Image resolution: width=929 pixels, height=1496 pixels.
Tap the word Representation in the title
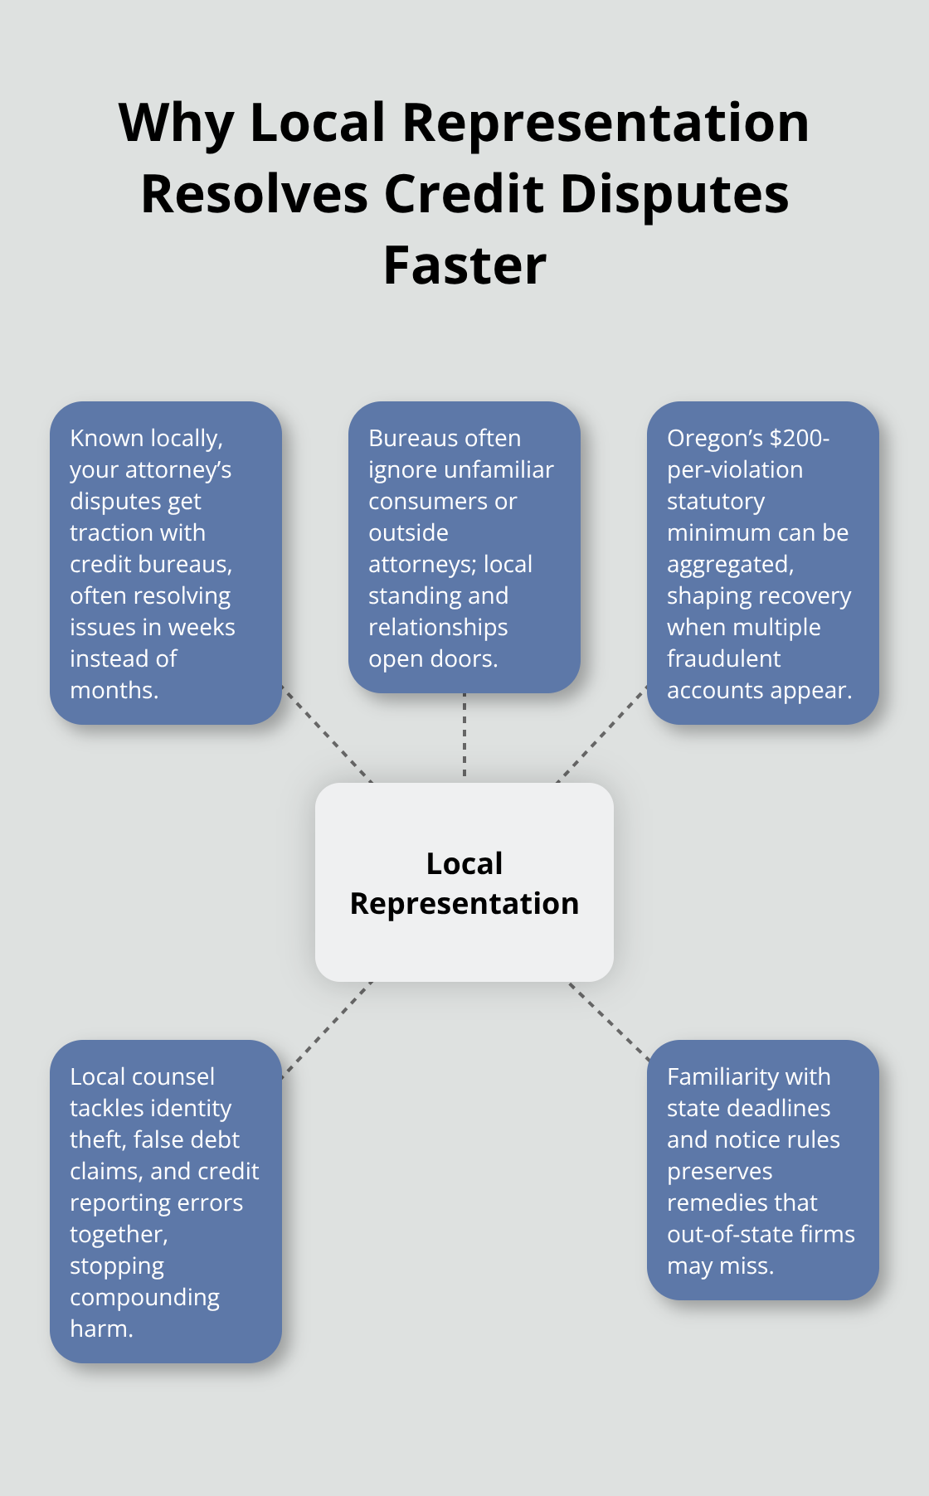[605, 123]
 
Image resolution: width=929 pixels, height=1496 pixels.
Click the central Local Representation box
[464, 882]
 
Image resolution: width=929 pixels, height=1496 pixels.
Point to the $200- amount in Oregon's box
[800, 438]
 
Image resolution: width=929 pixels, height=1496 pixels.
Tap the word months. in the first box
[114, 690]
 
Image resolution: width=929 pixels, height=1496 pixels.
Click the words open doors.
[433, 658]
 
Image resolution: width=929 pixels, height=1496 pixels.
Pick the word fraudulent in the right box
[723, 658]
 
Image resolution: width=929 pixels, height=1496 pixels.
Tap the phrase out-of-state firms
[761, 1234]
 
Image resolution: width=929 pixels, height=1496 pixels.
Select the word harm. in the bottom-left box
[101, 1328]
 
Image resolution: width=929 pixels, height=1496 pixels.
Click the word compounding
[144, 1297]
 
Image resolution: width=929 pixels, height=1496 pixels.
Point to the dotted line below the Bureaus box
[464, 736]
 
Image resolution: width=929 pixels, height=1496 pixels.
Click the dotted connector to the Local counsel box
[327, 1029]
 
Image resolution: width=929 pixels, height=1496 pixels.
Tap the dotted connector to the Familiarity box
[609, 1022]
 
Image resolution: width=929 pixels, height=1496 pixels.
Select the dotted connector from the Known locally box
[327, 734]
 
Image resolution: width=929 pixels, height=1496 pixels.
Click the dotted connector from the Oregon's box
[602, 734]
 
